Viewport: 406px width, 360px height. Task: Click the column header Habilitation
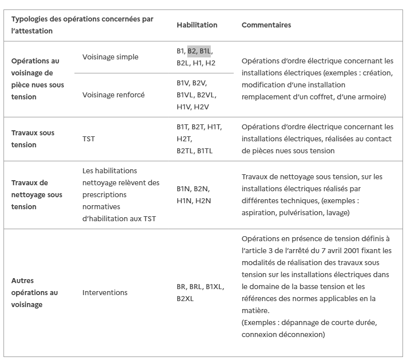pos(197,25)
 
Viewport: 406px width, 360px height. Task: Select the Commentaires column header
pos(266,25)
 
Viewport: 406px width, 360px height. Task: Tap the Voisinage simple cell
pos(110,57)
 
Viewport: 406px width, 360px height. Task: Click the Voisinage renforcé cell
pos(113,95)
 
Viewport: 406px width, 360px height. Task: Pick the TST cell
pos(88,139)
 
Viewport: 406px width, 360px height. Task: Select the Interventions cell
pos(105,293)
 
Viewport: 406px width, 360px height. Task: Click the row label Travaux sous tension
pos(33,139)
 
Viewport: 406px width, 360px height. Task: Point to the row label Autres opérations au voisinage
pos(34,293)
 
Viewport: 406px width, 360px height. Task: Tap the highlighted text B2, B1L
pos(199,51)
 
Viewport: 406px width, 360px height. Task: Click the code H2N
pos(203,201)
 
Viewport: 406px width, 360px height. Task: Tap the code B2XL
pos(186,299)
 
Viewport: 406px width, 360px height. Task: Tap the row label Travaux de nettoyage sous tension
pos(36,195)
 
